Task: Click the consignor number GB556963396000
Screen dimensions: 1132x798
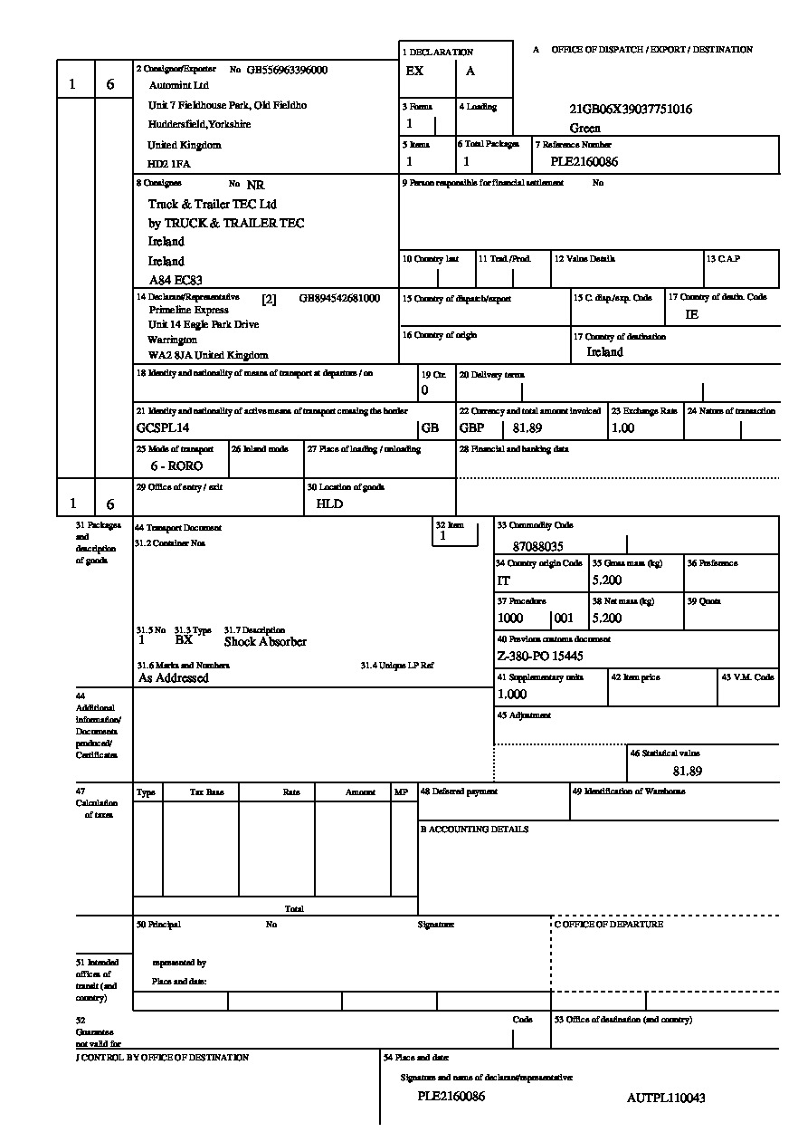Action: [287, 70]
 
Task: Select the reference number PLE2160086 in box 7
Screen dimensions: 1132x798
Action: [584, 162]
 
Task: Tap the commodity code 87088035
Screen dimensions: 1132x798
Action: [537, 547]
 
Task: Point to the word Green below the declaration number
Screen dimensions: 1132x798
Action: [585, 128]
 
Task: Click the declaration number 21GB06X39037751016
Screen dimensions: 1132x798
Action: [631, 110]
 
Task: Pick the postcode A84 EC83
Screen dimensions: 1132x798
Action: [176, 281]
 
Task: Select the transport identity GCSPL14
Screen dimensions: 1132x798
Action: [163, 427]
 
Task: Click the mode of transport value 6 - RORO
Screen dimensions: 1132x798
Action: [176, 465]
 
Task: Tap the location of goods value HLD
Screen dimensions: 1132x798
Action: [329, 504]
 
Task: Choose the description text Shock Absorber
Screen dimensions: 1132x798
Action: [265, 642]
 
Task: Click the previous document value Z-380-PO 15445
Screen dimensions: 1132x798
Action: [540, 656]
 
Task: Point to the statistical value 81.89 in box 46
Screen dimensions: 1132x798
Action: [687, 772]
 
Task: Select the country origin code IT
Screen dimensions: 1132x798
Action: [503, 580]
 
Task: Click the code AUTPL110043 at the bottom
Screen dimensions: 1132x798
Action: [666, 1098]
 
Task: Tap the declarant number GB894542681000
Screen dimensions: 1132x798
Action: [339, 298]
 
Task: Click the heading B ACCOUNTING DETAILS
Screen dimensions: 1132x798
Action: [473, 830]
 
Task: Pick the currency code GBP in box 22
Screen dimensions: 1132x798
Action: [472, 427]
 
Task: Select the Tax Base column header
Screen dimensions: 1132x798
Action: [206, 792]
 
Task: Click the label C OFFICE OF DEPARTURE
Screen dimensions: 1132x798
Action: [608, 925]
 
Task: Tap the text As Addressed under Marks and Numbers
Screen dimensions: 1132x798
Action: [173, 677]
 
